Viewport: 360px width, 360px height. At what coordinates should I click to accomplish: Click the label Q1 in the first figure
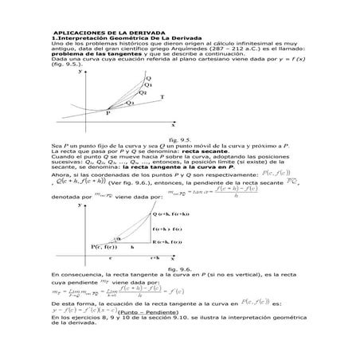148,84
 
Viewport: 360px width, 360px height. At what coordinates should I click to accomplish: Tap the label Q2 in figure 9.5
143,92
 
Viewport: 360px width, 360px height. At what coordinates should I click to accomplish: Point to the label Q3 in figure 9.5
129,103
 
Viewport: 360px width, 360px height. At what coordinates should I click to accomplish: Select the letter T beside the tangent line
162,97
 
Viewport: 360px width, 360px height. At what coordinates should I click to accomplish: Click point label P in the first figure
108,113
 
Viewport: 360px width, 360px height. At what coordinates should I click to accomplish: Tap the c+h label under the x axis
155,258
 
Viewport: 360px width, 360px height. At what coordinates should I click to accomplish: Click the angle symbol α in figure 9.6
119,238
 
